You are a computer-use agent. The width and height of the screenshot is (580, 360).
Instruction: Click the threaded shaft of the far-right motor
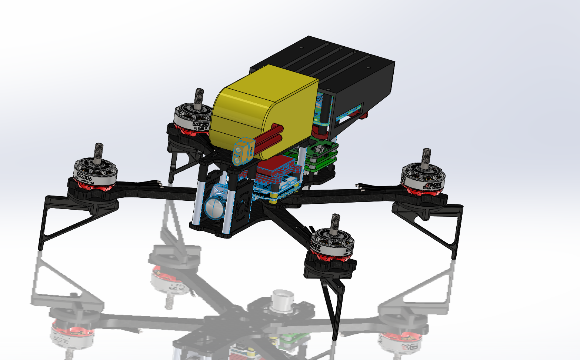tap(426, 157)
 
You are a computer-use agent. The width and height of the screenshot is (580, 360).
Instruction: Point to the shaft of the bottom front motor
tap(336, 223)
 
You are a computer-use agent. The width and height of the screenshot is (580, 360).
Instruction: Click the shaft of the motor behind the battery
tap(199, 98)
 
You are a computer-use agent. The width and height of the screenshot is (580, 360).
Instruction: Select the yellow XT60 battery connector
tap(243, 152)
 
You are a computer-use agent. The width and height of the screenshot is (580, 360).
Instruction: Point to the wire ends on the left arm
tap(156, 183)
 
